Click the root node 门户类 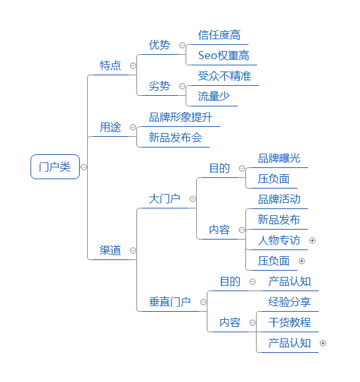click(x=55, y=167)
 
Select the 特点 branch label click(x=110, y=65)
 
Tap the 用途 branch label click(x=110, y=127)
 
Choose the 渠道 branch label click(x=110, y=250)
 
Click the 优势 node click(x=159, y=45)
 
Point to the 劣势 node click(x=159, y=86)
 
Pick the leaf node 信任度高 click(x=219, y=35)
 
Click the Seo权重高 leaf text click(x=224, y=55)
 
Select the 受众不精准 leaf click(x=225, y=76)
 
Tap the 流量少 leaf click(x=214, y=96)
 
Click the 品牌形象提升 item click(x=181, y=117)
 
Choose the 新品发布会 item click(x=176, y=137)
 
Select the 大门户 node click(x=164, y=199)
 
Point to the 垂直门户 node click(x=170, y=302)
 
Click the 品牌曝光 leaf click(x=279, y=158)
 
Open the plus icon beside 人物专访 click(x=312, y=240)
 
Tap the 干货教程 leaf click(x=290, y=322)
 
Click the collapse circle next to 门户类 click(x=83, y=167)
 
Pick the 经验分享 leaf click(x=290, y=302)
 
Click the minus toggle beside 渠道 click(x=133, y=251)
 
